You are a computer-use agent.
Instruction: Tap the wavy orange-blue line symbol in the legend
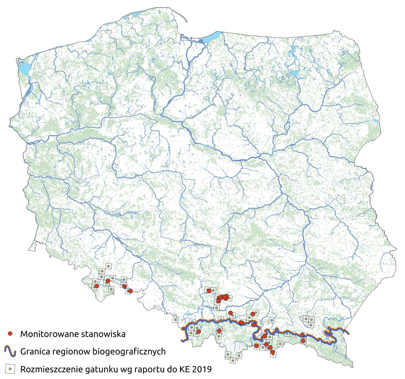10,351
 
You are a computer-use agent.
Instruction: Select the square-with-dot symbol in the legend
10,369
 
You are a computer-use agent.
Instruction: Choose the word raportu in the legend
144,369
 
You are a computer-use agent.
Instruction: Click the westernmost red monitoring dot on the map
97,286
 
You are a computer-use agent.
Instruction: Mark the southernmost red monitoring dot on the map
272,352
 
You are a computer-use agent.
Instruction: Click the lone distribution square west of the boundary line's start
175,319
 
